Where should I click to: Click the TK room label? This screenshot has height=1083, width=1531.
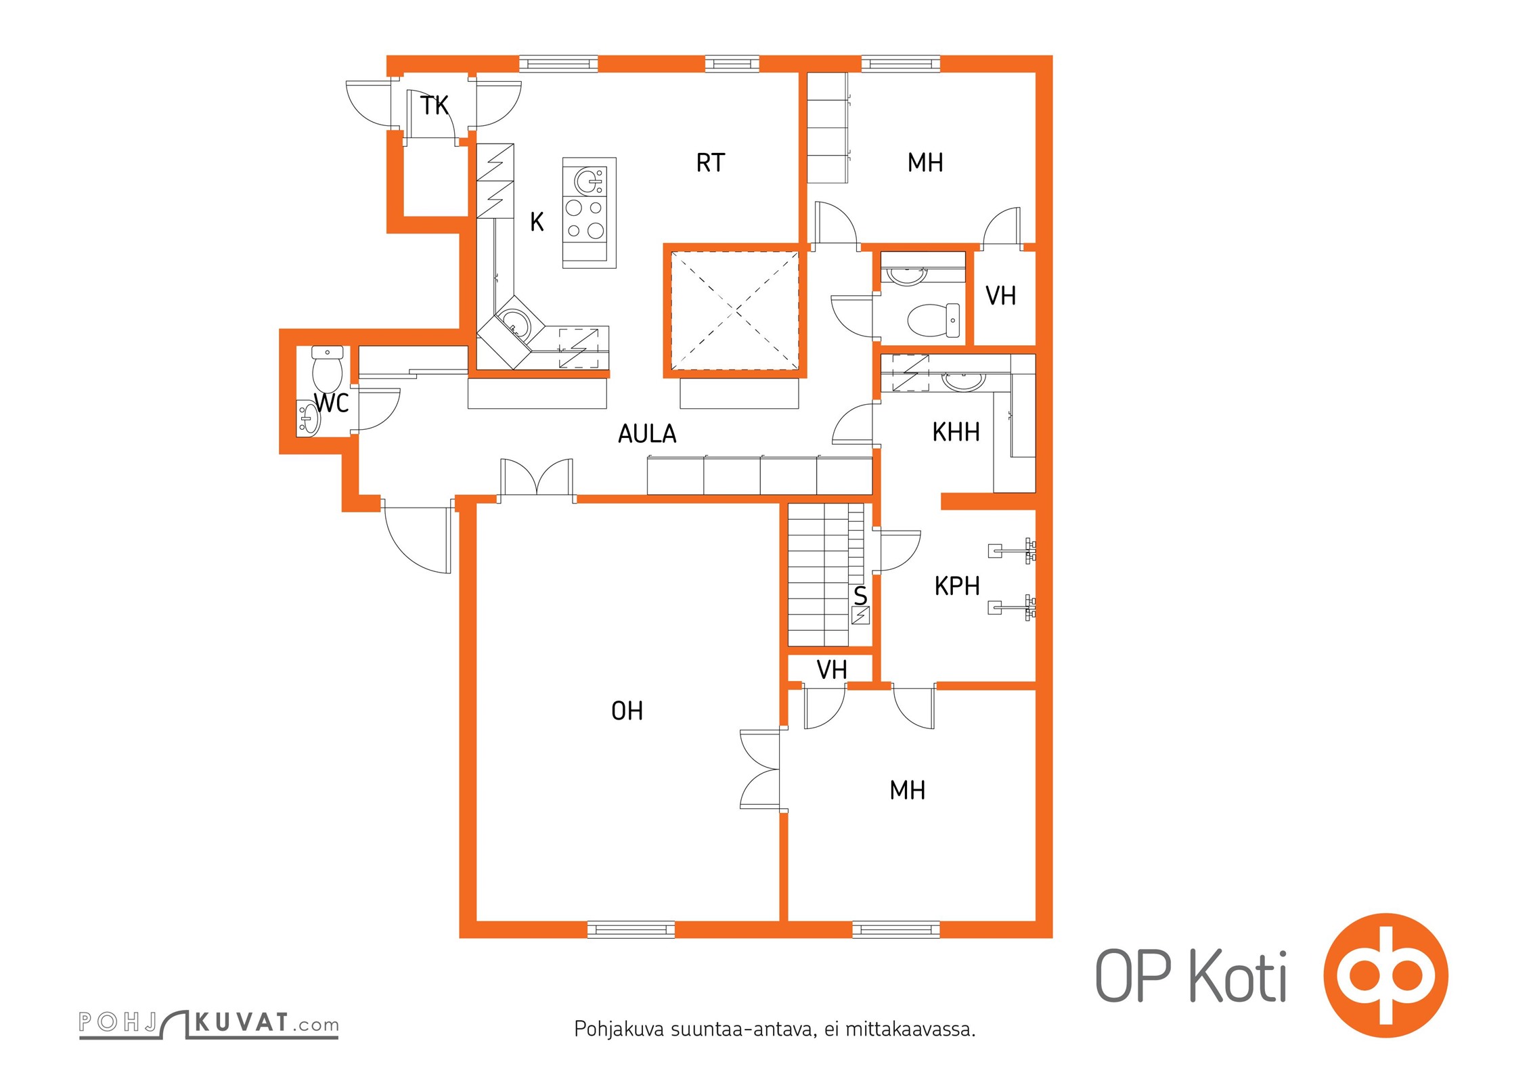point(434,106)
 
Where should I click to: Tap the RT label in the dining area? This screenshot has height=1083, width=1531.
point(710,162)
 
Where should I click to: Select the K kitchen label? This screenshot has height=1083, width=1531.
point(537,221)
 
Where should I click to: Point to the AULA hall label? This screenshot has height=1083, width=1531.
point(647,433)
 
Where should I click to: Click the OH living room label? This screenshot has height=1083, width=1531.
point(627,711)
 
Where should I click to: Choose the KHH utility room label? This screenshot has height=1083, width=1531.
point(956,432)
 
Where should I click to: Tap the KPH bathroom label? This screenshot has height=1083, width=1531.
point(957,585)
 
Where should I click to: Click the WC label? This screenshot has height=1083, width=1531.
point(332,403)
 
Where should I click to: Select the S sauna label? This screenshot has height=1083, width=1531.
point(860,596)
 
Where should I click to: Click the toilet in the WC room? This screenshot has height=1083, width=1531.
point(328,369)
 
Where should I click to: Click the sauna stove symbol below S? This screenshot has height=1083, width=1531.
point(860,616)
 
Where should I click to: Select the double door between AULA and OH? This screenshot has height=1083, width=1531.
point(537,480)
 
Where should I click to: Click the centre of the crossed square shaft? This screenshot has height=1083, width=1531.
point(735,311)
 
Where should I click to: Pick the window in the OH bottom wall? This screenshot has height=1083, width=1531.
point(631,929)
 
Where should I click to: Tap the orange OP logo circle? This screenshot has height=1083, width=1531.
point(1385,975)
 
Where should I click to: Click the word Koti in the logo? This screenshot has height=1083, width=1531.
point(1238,976)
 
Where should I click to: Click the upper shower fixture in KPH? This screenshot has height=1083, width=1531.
point(1012,550)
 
